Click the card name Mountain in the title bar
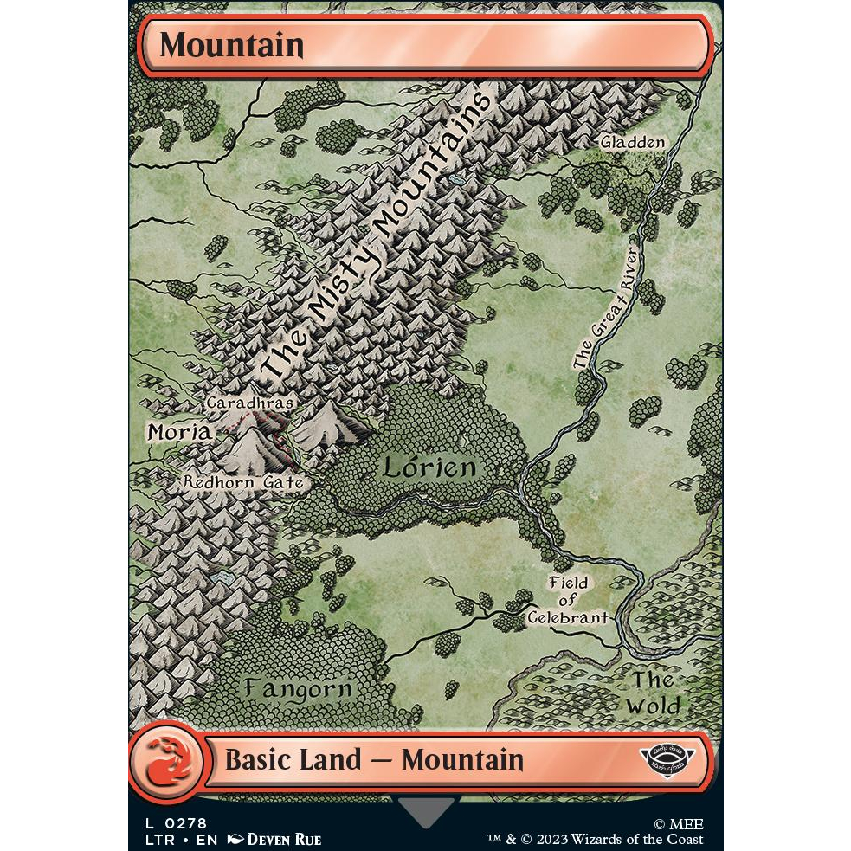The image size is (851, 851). (x=231, y=45)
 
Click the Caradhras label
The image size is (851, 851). (x=250, y=403)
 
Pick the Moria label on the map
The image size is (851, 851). (x=178, y=431)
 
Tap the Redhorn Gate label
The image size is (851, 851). (x=243, y=482)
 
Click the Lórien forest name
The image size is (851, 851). (x=429, y=468)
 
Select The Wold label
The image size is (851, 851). (x=654, y=692)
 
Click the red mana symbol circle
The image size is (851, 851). (x=166, y=762)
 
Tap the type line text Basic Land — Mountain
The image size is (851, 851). (x=374, y=760)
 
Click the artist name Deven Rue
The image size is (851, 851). (x=284, y=839)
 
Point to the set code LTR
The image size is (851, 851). (x=146, y=839)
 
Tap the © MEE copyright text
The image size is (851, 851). (x=678, y=824)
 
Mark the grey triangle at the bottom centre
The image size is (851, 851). (x=426, y=811)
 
